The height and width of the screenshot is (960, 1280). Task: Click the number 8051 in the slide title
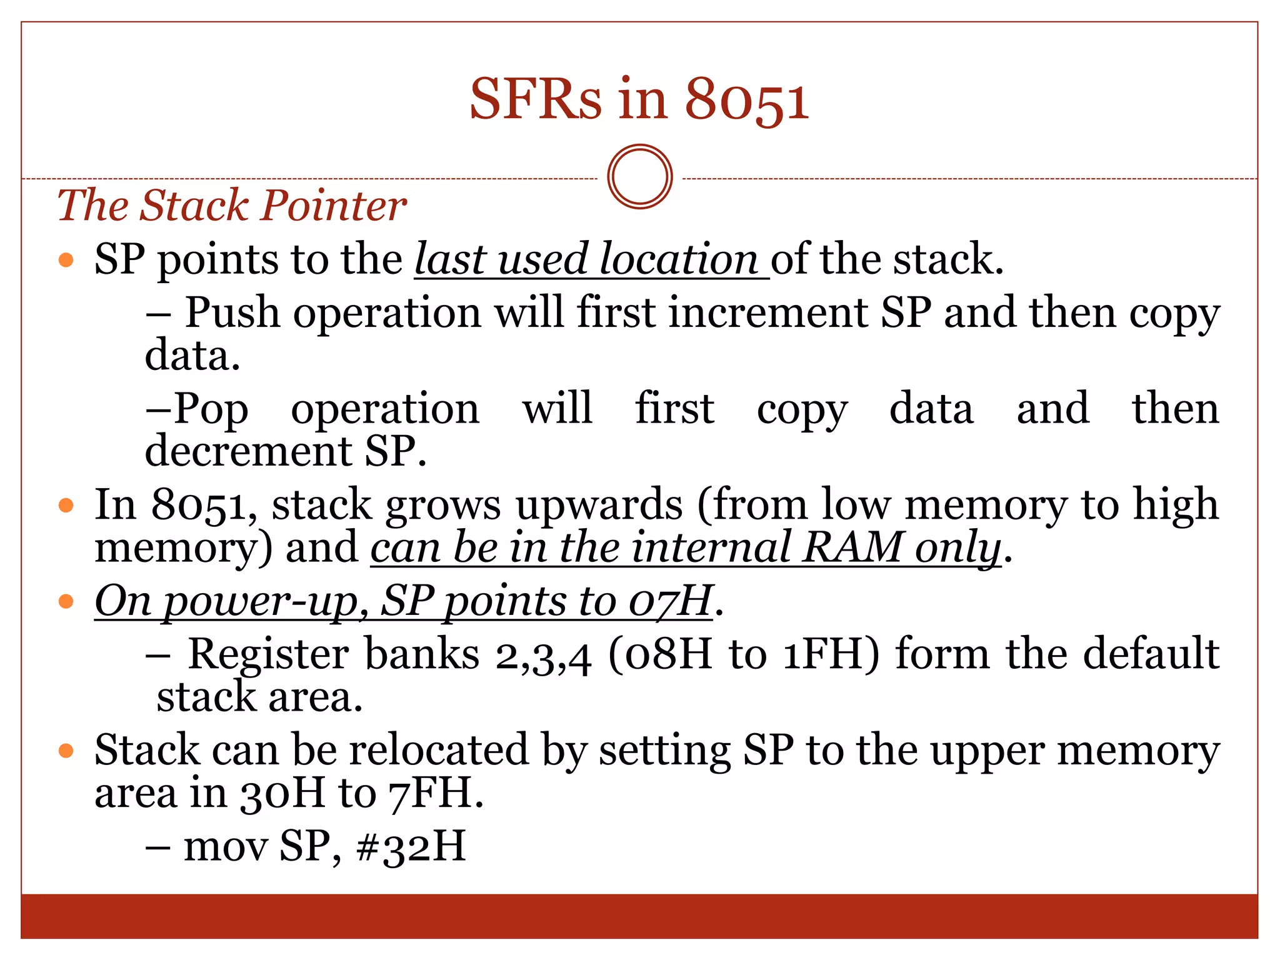746,100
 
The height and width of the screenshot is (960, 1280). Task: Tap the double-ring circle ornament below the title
639,177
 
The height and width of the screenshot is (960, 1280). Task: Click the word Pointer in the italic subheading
334,206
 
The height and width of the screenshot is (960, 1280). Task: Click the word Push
232,312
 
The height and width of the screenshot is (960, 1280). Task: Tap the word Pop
211,409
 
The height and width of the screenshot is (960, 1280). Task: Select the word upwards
599,505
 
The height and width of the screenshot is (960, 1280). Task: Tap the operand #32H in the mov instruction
411,847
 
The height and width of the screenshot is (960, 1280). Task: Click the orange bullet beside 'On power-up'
66,602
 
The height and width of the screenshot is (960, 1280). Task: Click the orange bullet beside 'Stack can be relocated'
66,751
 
